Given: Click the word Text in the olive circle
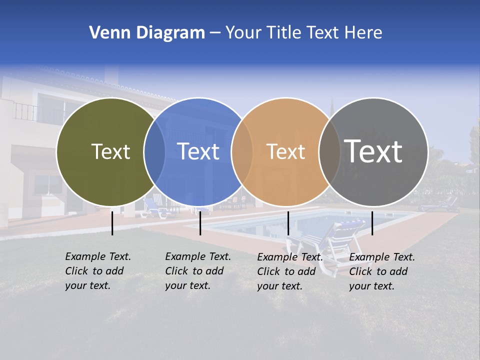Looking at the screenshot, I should click(x=110, y=151).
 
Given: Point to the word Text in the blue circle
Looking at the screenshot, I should click(x=198, y=151).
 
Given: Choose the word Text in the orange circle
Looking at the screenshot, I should click(x=286, y=151).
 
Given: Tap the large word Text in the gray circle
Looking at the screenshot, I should click(x=373, y=151).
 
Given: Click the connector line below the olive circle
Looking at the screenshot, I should click(x=112, y=223).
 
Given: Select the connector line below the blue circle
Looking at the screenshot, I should click(x=200, y=223).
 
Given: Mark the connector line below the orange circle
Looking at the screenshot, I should click(x=288, y=223).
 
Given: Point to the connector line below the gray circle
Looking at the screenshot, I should click(x=372, y=223).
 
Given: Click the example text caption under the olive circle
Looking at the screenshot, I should click(x=98, y=271).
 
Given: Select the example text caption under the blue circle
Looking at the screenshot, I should click(x=198, y=271).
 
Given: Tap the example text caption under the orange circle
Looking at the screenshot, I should click(x=290, y=271).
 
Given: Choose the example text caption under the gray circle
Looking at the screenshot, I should click(x=382, y=271).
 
